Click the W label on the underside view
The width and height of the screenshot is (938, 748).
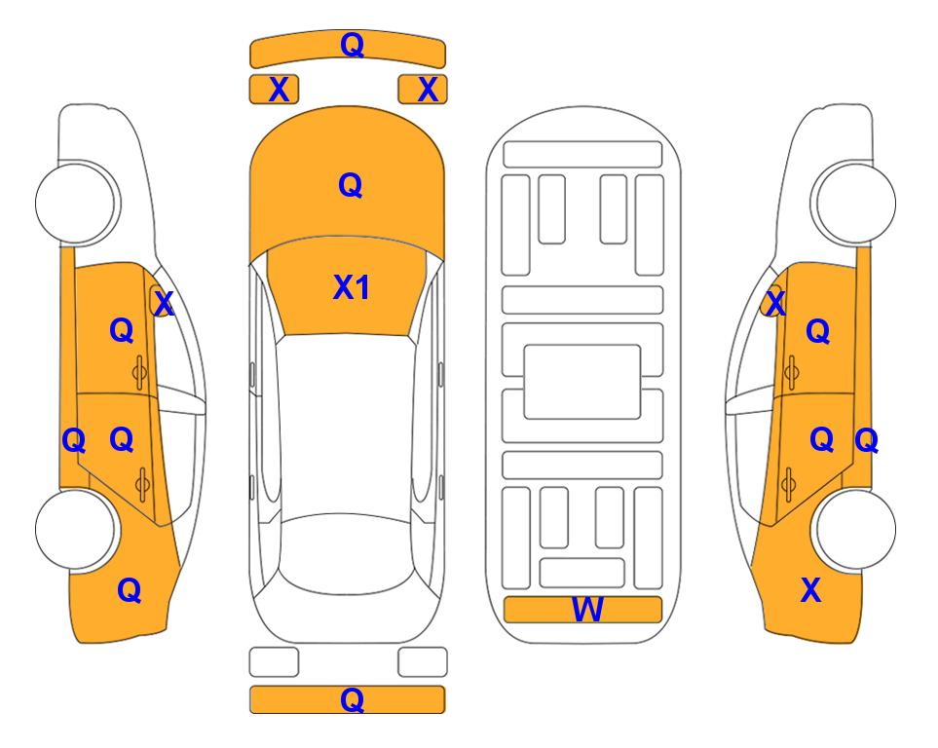(586, 610)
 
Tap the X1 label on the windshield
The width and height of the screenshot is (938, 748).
(352, 287)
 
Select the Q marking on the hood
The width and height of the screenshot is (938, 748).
(351, 185)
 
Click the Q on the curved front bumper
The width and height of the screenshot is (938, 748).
(353, 44)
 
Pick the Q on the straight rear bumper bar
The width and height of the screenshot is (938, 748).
(353, 699)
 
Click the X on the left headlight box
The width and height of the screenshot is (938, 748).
(279, 90)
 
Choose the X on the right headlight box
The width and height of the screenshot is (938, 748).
(428, 90)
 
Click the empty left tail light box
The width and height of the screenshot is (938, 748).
(274, 662)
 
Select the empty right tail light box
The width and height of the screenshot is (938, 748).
(423, 662)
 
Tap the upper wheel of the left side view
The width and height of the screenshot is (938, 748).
(77, 203)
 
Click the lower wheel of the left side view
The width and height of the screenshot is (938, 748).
(75, 530)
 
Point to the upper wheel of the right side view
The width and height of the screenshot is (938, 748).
(854, 203)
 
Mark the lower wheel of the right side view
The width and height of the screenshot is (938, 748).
(855, 530)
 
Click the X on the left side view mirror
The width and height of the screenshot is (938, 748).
(164, 304)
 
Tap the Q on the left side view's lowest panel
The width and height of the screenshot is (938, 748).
(130, 590)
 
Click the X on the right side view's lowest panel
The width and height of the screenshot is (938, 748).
(810, 590)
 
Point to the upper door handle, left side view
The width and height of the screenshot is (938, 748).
(140, 373)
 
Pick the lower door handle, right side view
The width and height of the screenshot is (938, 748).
(790, 484)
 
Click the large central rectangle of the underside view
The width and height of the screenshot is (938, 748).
(582, 382)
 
